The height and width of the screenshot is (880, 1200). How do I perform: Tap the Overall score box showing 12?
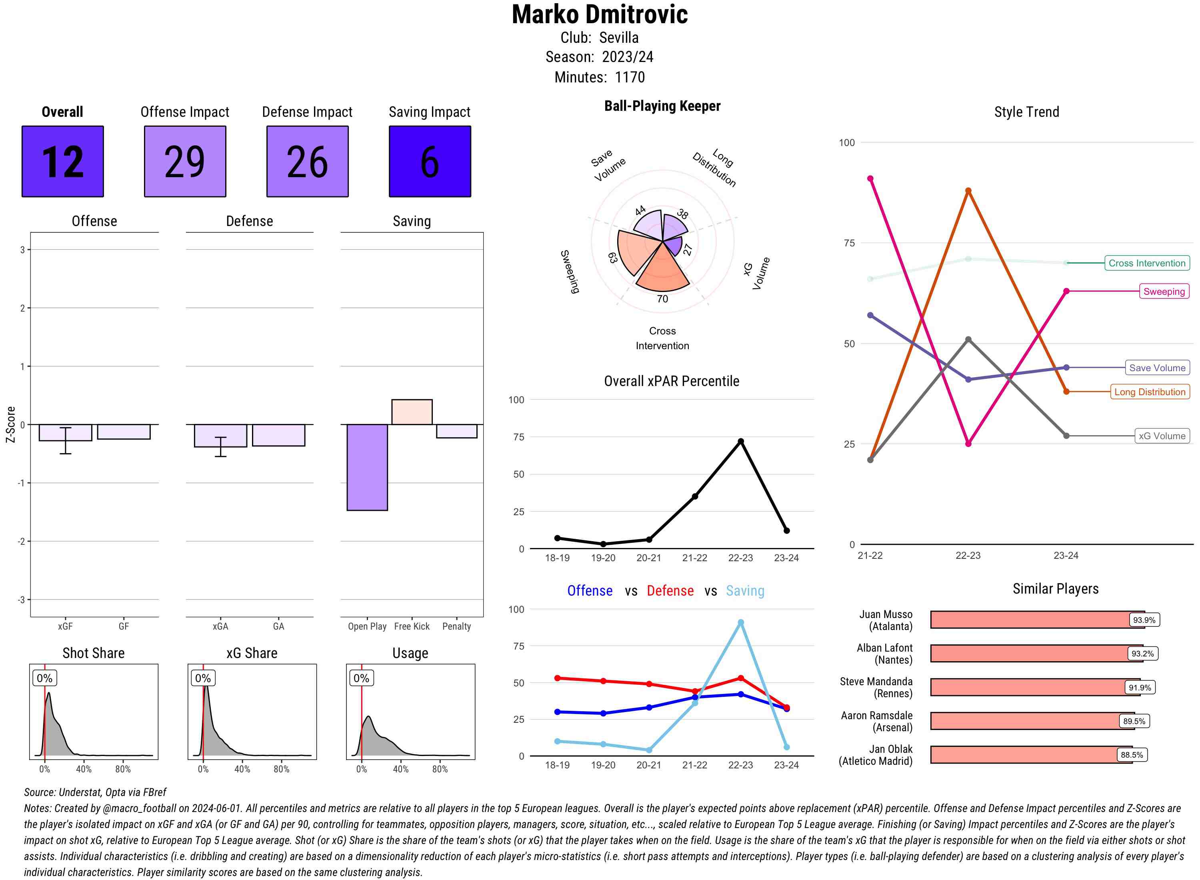tap(63, 162)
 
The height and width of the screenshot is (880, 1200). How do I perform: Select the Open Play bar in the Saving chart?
tap(367, 467)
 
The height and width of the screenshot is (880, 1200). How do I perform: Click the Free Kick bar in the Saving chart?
tap(412, 412)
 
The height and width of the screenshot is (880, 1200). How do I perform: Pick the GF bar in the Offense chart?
tap(124, 432)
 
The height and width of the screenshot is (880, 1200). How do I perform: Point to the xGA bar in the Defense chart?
tap(220, 436)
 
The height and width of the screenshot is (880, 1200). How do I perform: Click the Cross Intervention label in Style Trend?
tap(1146, 263)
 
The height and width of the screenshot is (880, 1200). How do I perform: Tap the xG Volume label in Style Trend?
tap(1162, 436)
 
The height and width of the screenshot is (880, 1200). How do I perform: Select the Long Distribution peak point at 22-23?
tap(968, 191)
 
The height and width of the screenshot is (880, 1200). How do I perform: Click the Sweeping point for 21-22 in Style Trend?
tap(870, 178)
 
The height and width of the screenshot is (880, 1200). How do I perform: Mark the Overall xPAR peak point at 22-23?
tap(740, 442)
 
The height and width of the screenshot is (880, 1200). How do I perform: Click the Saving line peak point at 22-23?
tap(740, 622)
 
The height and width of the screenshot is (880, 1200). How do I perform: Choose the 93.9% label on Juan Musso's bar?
tap(1144, 620)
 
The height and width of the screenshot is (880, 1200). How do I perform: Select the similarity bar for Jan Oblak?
tap(1031, 755)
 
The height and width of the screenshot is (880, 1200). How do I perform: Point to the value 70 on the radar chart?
tap(662, 299)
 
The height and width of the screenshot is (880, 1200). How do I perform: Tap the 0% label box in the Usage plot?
tap(361, 678)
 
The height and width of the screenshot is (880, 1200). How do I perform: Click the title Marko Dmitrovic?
tap(600, 14)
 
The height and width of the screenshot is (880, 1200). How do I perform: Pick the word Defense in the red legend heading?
tap(670, 591)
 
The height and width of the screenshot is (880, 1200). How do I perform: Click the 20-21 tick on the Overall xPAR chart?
tap(649, 558)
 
